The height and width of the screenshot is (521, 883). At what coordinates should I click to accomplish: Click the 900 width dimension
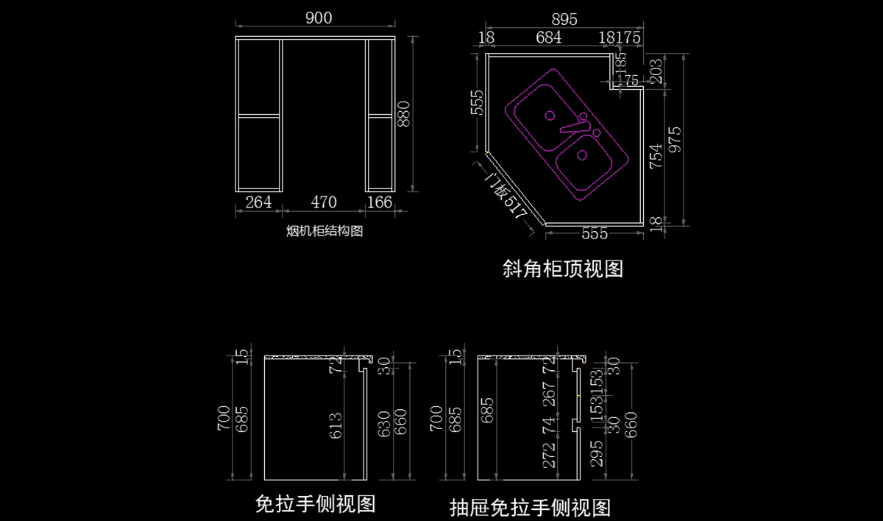pyautogui.click(x=318, y=18)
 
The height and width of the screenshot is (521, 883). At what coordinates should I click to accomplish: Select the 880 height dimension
pyautogui.click(x=404, y=113)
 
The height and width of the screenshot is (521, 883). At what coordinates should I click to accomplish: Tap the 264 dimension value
pyautogui.click(x=258, y=202)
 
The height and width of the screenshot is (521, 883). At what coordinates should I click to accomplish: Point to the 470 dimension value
pyautogui.click(x=324, y=202)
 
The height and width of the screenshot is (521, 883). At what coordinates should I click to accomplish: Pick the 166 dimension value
pyautogui.click(x=379, y=202)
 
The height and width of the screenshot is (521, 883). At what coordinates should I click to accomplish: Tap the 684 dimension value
pyautogui.click(x=549, y=38)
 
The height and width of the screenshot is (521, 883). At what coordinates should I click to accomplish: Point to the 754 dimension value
pyautogui.click(x=655, y=156)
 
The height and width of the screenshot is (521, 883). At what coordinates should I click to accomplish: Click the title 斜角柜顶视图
pyautogui.click(x=563, y=269)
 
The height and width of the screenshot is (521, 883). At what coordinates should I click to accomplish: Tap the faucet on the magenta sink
pyautogui.click(x=578, y=125)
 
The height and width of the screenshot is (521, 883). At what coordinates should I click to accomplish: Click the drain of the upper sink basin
pyautogui.click(x=549, y=116)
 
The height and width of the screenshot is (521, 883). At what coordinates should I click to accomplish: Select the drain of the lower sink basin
pyautogui.click(x=582, y=155)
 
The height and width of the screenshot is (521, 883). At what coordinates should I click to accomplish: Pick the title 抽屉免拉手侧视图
pyautogui.click(x=530, y=507)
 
